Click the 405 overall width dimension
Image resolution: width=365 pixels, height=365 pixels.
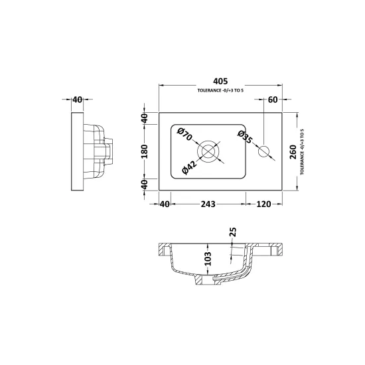pos(220,81)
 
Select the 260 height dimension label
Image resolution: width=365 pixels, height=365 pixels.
pos(293,152)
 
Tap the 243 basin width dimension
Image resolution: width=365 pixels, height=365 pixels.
pos(208,204)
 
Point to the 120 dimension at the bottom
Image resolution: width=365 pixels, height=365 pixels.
pos(263,204)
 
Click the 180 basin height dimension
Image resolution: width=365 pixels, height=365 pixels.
pos(145,151)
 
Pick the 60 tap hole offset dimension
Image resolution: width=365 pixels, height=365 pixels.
pos(273,100)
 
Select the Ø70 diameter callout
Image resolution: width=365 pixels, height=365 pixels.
pos(184,134)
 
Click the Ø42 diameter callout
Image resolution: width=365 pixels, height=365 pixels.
pos(190,167)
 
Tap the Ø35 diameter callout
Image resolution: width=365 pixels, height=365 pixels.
pos(245,137)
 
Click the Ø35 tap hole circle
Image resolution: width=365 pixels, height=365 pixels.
pos(263,151)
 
